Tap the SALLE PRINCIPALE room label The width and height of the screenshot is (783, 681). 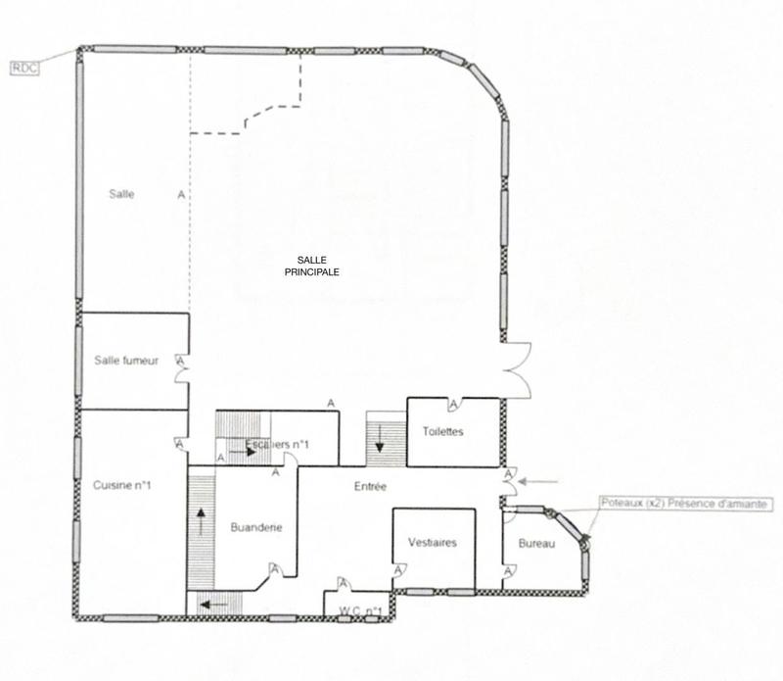point(310,266)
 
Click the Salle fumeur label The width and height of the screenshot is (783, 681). point(126,361)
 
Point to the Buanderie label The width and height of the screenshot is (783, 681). point(256,528)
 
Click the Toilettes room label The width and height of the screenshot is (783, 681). point(442,432)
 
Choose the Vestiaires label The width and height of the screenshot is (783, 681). point(432,543)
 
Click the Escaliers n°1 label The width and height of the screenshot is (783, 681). point(278,446)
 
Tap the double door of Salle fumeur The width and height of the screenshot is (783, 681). point(180,370)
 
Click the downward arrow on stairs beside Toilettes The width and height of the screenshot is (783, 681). point(379,446)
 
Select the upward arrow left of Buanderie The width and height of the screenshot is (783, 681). point(203,520)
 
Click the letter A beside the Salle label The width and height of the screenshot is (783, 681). point(180,195)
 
